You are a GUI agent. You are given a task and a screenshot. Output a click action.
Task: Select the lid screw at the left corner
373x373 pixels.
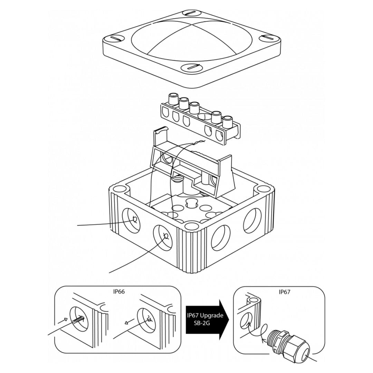click(113, 39)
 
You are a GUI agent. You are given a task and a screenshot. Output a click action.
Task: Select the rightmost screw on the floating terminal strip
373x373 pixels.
click(227, 122)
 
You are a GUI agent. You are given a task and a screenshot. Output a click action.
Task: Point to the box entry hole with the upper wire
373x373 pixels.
click(131, 219)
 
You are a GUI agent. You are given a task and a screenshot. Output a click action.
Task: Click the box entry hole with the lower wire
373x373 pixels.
click(162, 237)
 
